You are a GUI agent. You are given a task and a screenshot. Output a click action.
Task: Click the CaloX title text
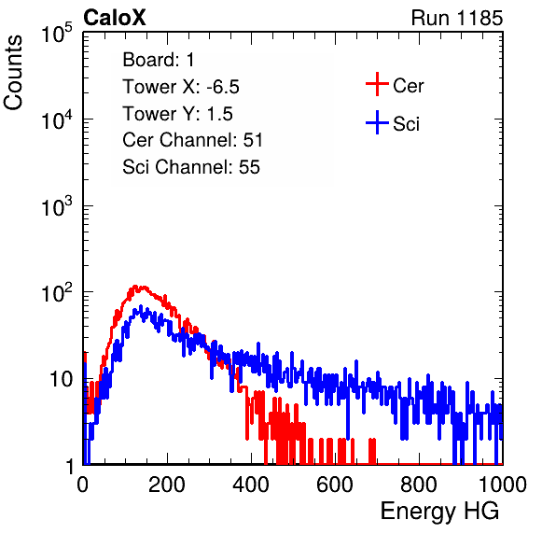114,18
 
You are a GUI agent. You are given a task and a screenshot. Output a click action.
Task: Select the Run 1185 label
457,18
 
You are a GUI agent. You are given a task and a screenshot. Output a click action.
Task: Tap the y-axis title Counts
13,73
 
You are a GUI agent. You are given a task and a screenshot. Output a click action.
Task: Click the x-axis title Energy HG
439,512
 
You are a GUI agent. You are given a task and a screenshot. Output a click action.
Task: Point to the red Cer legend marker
377,84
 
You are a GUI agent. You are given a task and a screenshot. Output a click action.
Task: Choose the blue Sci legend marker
377,122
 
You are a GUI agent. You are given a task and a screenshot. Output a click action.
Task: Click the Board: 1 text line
159,60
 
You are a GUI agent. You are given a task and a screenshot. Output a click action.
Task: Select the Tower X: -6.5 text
181,87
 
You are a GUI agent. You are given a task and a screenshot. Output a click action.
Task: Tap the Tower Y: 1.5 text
177,114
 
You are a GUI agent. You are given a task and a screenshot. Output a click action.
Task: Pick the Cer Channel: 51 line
192,140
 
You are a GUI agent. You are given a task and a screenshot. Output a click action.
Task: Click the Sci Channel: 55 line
191,167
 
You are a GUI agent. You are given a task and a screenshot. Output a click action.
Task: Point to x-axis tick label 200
167,485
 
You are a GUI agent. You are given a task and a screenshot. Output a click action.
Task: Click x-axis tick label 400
251,485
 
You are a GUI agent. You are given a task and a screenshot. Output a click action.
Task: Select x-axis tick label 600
335,485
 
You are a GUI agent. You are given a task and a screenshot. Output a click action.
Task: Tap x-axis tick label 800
419,485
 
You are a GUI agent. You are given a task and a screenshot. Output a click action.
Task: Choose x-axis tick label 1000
503,485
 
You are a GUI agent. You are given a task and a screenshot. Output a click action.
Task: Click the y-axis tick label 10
62,379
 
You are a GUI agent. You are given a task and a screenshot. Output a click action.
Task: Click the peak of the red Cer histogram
134,286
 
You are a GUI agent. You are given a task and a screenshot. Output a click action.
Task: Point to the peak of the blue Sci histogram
141,306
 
